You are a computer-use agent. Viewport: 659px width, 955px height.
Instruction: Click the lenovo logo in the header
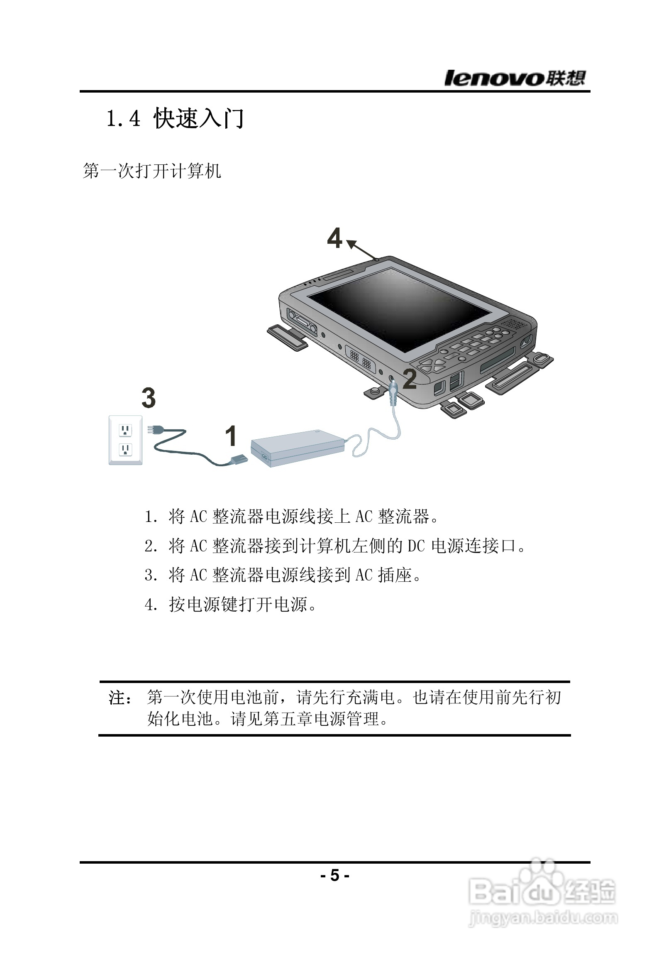coord(515,78)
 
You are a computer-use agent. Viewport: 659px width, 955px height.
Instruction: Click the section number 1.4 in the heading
coord(124,119)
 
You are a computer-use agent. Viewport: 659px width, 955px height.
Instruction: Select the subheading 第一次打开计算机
coord(151,171)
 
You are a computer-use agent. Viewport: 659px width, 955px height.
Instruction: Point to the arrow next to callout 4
coord(362,250)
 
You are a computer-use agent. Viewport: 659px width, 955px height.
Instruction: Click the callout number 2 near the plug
coord(410,379)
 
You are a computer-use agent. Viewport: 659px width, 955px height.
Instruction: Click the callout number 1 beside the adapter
coord(231,436)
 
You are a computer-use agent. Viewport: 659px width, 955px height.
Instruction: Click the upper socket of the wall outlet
coord(125,430)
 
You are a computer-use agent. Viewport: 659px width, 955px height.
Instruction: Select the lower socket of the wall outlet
coord(125,449)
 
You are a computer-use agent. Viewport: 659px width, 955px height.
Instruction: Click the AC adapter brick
coord(297,448)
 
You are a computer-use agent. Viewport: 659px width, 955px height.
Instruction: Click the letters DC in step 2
coord(416,546)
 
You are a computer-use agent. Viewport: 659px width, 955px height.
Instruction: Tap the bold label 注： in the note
coord(120,698)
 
